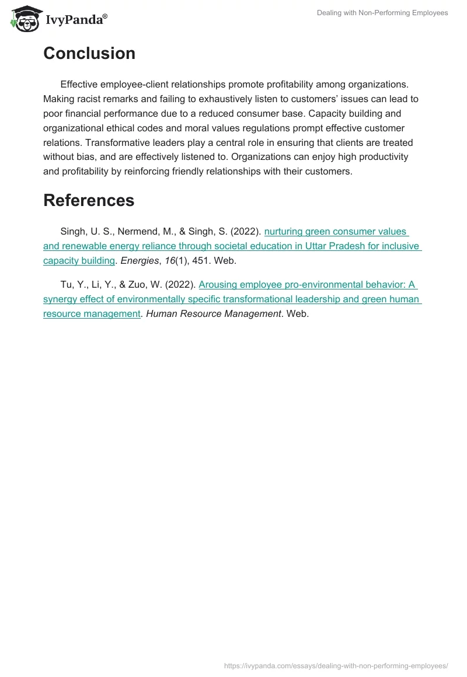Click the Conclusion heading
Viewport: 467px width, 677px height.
(89, 54)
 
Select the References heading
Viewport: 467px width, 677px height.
(89, 200)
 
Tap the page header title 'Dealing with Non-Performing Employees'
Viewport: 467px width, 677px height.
(382, 13)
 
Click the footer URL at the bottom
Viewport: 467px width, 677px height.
(336, 665)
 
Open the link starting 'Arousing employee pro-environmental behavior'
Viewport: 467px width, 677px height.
(308, 285)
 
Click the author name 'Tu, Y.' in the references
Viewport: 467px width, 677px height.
(72, 285)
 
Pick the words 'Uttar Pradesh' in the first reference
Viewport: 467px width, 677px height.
(331, 246)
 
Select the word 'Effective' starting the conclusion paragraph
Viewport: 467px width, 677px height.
(81, 85)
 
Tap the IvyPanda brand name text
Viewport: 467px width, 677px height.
(76, 20)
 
